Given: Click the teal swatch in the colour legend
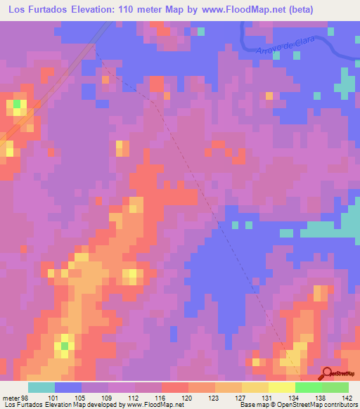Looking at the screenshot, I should (41, 388).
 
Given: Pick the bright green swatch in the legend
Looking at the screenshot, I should (308, 388).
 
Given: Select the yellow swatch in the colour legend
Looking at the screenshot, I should (281, 388).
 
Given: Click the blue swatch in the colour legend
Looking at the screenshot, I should (68, 388).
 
